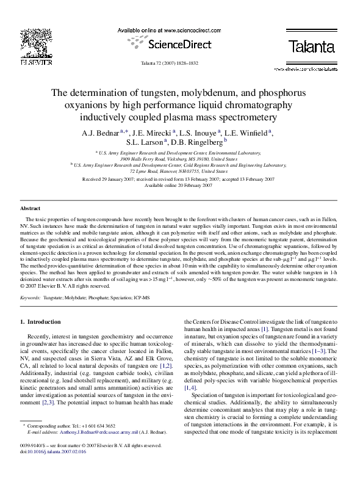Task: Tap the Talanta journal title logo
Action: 311,45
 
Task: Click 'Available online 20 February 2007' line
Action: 178,185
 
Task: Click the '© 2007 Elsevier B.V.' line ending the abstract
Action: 67,285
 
